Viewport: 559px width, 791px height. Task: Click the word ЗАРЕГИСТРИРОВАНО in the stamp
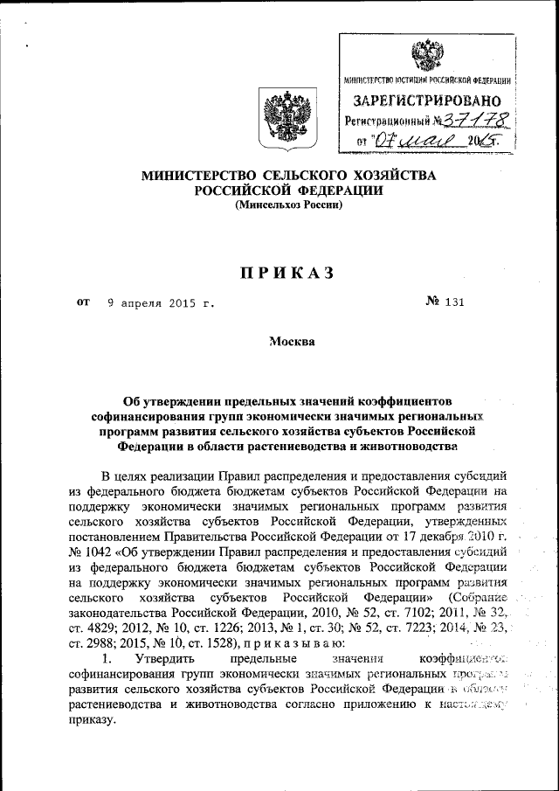pos(427,101)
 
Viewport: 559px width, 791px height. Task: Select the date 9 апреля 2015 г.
pos(161,305)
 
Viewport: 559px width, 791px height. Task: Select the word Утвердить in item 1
pos(158,660)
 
